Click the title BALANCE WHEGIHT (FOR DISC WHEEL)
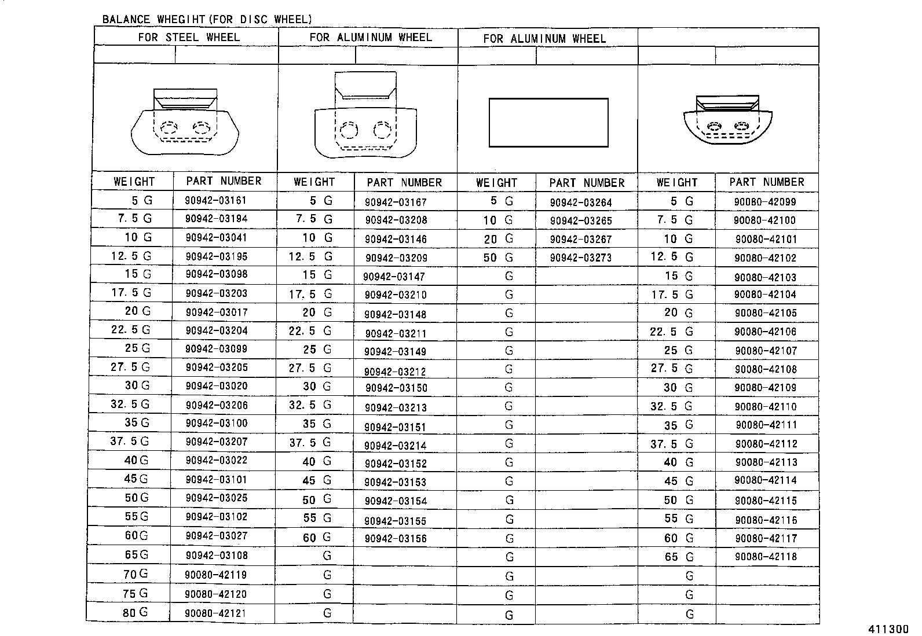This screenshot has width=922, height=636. pos(207,20)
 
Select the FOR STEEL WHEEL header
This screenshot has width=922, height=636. pos(189,38)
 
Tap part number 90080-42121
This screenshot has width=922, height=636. pos(216,613)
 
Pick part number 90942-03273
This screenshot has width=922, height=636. pos(580,258)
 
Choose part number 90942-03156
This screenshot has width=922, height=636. pos(396,539)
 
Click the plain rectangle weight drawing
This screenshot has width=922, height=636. pos(548,123)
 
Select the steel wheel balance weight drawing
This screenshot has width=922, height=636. pos(185,122)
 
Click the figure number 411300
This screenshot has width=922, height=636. pos(888,630)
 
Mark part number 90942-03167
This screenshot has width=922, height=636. pos(396,203)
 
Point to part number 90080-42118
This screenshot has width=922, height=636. pos(766,557)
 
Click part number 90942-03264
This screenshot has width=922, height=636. pos(580,203)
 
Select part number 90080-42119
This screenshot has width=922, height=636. pos(216,575)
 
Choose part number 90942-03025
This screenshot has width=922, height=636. pos(216,498)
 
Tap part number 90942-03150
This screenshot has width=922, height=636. pos(396,388)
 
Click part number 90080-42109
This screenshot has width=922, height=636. pos(765,388)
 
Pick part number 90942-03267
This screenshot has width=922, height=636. pos(580,240)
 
